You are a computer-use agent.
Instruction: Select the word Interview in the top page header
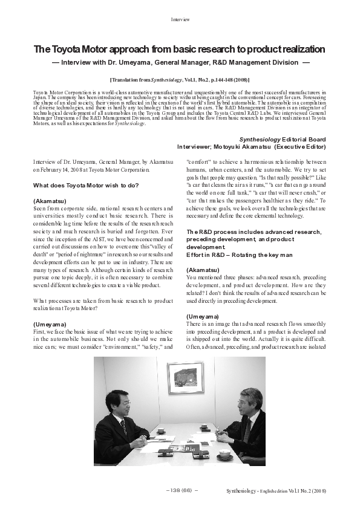click(x=180, y=19)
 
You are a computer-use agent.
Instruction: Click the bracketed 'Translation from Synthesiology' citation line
click(x=180, y=80)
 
